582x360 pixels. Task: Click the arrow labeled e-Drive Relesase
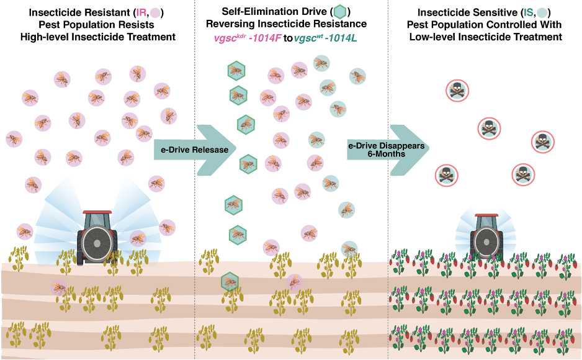195,150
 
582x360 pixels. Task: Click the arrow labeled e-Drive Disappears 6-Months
388,150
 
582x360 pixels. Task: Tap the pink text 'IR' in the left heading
141,12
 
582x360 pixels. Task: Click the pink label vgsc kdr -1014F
248,38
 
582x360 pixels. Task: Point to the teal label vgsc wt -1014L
325,38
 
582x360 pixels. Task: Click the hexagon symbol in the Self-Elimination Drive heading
340,12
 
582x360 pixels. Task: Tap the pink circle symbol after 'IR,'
155,13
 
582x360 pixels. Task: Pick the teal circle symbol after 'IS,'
542,13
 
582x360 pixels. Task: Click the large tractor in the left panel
97,238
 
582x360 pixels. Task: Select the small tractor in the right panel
486,236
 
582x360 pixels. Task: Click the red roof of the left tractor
97,212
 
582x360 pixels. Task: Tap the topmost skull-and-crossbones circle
457,91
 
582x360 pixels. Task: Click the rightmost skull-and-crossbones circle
543,142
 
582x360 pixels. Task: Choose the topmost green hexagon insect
236,71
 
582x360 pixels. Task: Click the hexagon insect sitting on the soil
230,282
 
